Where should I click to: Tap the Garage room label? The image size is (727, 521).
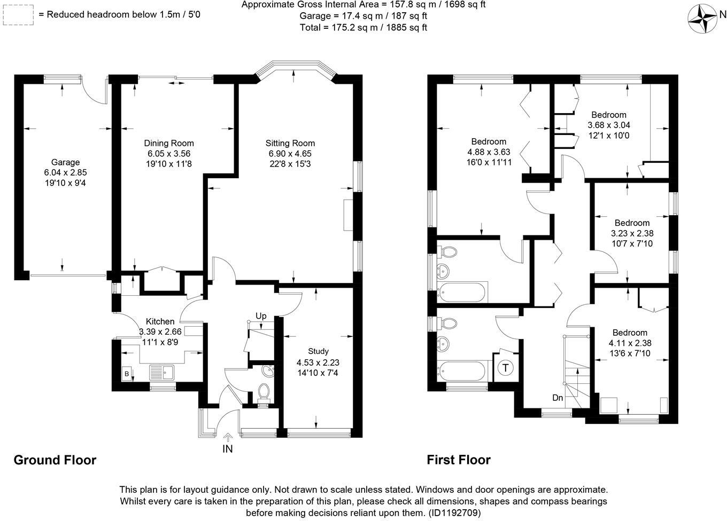coord(65,162)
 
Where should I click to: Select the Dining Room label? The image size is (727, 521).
coord(169,143)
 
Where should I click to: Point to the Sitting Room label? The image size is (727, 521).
coord(290,143)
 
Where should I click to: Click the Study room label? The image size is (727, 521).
coord(318,351)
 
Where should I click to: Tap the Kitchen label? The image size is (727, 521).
coord(160,321)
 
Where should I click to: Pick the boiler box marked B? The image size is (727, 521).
coord(127,374)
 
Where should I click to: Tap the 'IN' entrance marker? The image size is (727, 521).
coord(228,449)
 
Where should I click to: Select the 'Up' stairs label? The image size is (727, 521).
coord(261,316)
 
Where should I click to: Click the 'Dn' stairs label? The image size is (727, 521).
coord(558,398)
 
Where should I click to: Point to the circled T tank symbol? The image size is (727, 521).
coord(506,368)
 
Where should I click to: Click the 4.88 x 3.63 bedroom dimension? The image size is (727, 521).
coord(489,152)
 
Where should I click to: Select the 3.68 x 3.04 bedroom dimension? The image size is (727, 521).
coord(609,125)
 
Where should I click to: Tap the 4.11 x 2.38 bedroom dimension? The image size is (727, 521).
coord(630,343)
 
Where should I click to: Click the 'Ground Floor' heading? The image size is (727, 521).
coord(55,460)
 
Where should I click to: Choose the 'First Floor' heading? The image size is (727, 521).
coord(459,460)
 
